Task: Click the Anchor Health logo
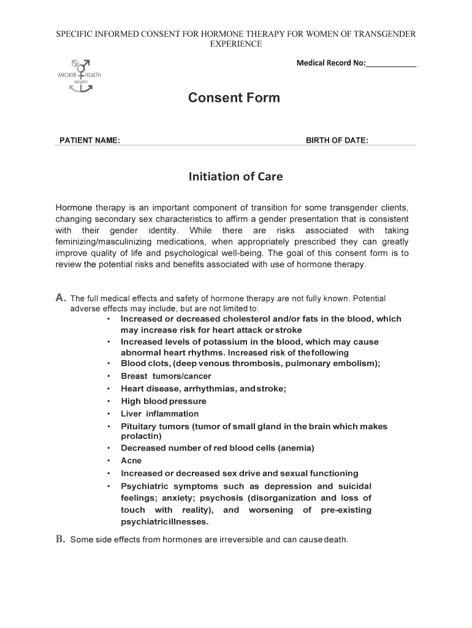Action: click(x=80, y=75)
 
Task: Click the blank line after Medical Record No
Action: click(x=391, y=63)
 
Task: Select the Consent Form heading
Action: click(x=234, y=98)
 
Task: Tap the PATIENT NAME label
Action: click(x=89, y=140)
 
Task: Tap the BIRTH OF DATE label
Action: click(x=337, y=140)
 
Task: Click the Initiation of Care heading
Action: click(x=235, y=177)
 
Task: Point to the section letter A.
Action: click(x=61, y=298)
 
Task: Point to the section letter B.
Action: click(x=61, y=540)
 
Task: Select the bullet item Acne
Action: click(x=131, y=461)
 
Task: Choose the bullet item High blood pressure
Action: click(x=164, y=401)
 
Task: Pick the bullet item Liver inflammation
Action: click(x=160, y=414)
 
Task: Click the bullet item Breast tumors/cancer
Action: click(x=166, y=376)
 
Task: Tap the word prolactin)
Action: click(x=141, y=436)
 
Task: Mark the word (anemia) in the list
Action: click(x=296, y=448)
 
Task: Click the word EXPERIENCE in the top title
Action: click(x=236, y=44)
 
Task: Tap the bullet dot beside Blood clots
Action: click(x=108, y=364)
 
